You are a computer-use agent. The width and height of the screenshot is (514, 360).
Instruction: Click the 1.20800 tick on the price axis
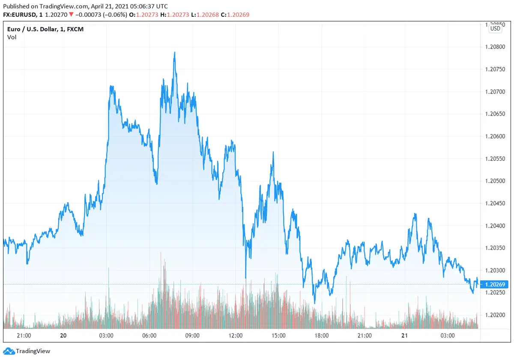point(495,47)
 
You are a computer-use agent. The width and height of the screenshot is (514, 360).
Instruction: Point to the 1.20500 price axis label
point(495,181)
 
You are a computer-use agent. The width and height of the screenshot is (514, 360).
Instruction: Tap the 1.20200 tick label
point(495,315)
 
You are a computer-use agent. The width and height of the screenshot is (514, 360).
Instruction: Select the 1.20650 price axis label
point(495,114)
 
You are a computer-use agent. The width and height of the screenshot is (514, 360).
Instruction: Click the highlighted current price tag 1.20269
point(495,284)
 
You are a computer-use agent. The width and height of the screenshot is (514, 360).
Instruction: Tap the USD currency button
point(495,29)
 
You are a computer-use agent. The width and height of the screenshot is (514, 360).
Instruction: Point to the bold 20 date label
point(63,336)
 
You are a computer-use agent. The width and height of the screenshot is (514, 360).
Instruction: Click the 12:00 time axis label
point(236,336)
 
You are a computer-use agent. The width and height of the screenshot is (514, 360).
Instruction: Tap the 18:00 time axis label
point(322,336)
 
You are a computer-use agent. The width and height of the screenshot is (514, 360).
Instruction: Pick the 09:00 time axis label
point(192,336)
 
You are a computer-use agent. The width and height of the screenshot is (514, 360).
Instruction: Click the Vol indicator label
point(12,37)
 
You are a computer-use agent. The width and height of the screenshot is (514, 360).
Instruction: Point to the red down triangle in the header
point(71,15)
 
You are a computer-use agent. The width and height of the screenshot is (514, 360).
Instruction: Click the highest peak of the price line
point(175,52)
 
